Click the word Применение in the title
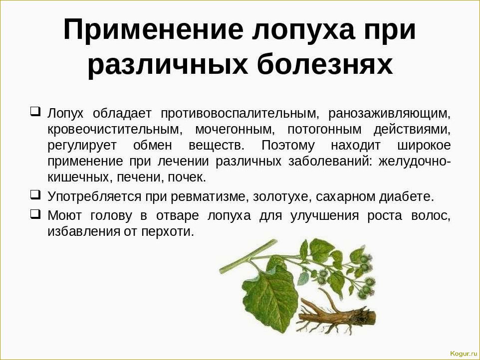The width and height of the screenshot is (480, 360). pos(153,30)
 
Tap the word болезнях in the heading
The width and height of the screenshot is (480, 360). pos(325,65)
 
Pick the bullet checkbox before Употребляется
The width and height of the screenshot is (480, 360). pos(35,194)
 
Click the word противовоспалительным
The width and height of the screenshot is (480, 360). pos(240,114)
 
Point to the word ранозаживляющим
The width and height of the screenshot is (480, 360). pos(389,114)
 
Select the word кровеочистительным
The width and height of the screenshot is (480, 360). pos(115,130)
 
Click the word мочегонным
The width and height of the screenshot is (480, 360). pos(235,130)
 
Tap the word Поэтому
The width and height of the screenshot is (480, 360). pos(288,145)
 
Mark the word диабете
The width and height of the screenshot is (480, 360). pos(407,196)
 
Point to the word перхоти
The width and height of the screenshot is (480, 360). pos(168,232)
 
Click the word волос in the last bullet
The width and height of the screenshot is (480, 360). pos(431,216)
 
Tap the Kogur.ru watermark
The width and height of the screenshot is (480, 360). pos(464,354)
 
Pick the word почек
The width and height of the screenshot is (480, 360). pos(187,178)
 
